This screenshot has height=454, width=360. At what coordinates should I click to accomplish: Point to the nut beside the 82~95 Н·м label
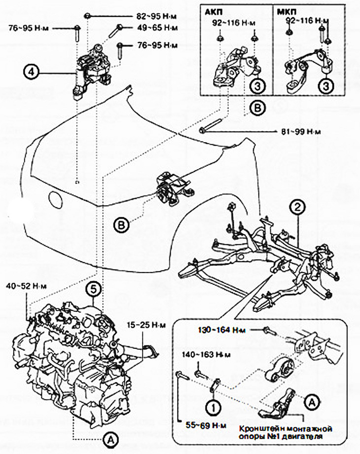[x=87, y=15]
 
